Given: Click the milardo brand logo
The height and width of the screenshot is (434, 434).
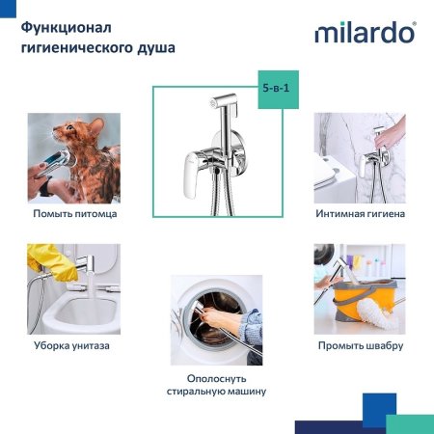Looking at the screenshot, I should [366, 33].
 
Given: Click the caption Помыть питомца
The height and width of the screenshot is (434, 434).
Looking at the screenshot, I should [74, 213].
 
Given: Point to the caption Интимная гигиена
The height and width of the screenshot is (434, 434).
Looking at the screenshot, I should [360, 213].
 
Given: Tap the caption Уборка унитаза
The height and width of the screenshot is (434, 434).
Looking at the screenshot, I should [74, 345].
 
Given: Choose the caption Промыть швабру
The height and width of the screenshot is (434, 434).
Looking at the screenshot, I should [360, 345].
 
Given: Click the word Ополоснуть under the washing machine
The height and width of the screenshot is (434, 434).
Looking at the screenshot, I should [216, 376].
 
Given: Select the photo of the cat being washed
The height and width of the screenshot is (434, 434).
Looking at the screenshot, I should [74, 157].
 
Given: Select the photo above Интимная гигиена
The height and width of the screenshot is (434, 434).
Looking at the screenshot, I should [360, 157].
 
